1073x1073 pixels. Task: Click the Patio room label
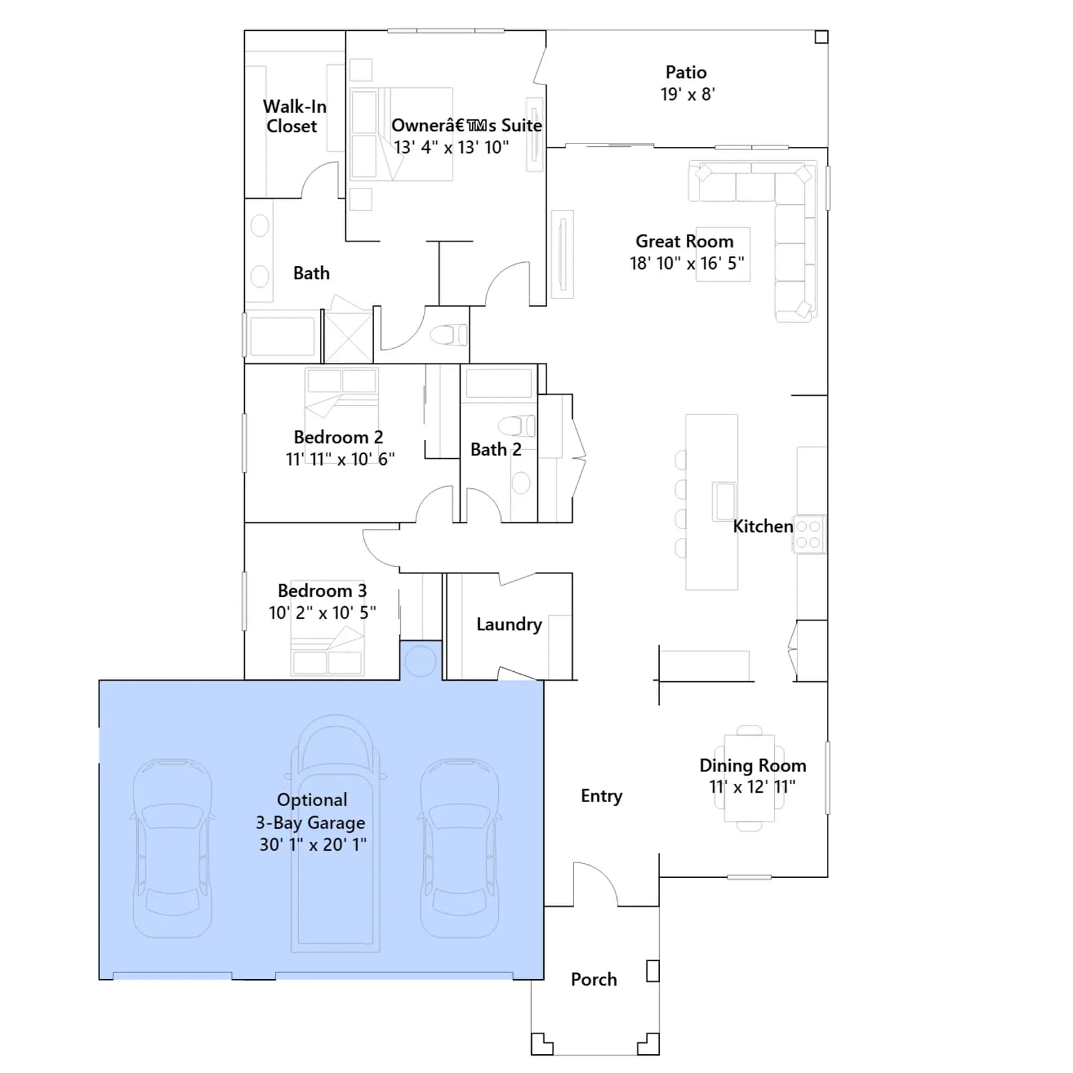click(686, 72)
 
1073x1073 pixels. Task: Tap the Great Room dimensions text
click(687, 264)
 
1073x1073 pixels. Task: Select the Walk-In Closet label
click(294, 116)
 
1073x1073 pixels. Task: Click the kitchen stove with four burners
click(809, 534)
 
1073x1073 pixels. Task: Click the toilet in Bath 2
click(516, 426)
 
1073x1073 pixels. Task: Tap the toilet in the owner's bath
click(449, 335)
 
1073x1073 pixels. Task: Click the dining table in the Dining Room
click(749, 778)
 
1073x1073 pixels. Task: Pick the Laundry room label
click(509, 625)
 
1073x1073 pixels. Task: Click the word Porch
click(594, 980)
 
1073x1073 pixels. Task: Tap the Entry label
click(602, 796)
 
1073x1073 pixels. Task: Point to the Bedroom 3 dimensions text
click(323, 613)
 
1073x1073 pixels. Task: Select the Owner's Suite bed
click(401, 134)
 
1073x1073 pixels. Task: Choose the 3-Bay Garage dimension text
click(313, 845)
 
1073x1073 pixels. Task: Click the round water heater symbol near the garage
click(420, 661)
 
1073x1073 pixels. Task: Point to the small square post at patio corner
click(822, 37)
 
